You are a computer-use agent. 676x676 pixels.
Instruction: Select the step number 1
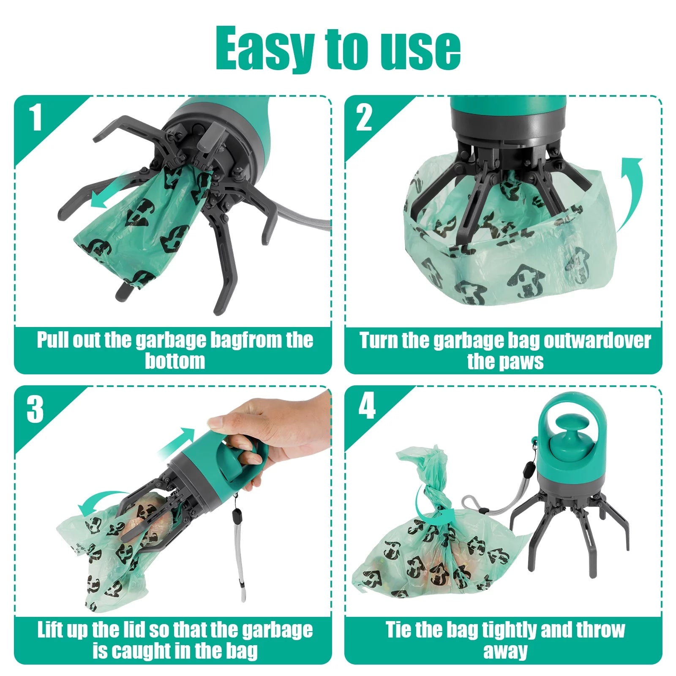pyautogui.click(x=35, y=118)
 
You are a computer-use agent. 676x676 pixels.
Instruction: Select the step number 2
pyautogui.click(x=364, y=118)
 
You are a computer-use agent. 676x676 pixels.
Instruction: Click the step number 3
pyautogui.click(x=35, y=409)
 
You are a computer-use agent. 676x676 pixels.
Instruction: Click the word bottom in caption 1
pyautogui.click(x=174, y=361)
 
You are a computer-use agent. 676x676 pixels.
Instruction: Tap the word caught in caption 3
pyautogui.click(x=145, y=651)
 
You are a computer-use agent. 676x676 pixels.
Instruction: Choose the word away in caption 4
pyautogui.click(x=505, y=651)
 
